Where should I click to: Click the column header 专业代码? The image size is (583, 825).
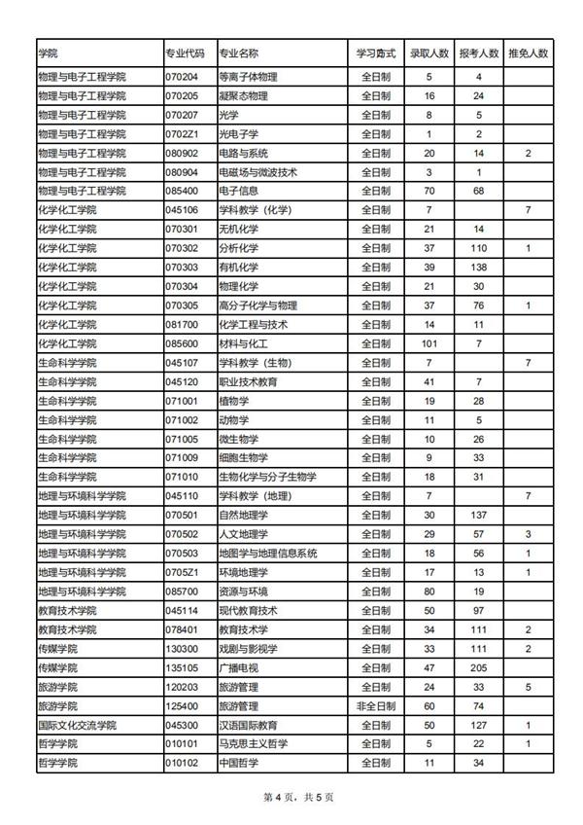[x=185, y=53]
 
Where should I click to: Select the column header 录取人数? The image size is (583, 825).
[x=429, y=53]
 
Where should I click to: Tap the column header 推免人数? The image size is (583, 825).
[x=529, y=53]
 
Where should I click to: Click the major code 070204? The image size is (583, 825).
[x=183, y=77]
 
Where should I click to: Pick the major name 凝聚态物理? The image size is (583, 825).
[x=244, y=96]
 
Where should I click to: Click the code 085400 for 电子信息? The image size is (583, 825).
[x=183, y=191]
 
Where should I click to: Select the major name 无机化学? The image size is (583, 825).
[x=238, y=229]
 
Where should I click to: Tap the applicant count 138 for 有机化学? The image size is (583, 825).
[x=478, y=267]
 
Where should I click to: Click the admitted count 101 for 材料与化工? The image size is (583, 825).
[x=429, y=343]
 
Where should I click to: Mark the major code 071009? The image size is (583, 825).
[x=183, y=457]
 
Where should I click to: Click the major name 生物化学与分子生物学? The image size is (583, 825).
[x=267, y=477]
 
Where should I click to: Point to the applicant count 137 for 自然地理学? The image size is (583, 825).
[x=478, y=515]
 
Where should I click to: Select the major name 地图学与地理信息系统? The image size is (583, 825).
[x=268, y=553]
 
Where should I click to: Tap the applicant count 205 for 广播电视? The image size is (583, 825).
[x=478, y=667]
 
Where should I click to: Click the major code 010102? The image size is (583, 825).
[x=183, y=763]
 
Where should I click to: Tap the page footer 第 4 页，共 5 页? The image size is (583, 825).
[x=291, y=798]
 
